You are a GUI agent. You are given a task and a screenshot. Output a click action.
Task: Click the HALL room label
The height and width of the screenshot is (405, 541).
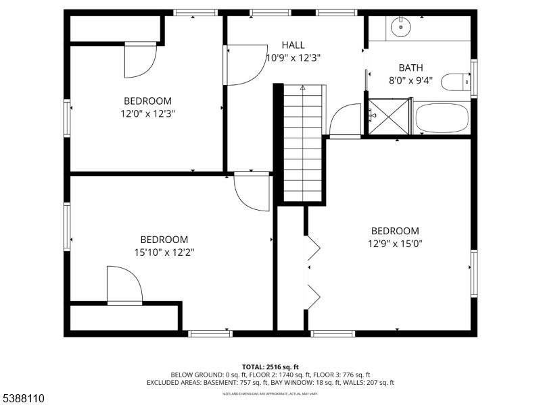tap(292, 45)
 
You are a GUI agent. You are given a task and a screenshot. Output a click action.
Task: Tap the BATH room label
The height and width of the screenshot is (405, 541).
tap(410, 67)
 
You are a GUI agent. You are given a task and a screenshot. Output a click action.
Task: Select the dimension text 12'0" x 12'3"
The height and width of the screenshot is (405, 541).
tap(147, 114)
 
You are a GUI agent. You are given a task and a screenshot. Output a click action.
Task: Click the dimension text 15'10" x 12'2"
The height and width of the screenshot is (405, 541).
tap(164, 252)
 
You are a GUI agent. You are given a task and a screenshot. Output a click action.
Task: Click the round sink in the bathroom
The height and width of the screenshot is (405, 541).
tap(401, 28)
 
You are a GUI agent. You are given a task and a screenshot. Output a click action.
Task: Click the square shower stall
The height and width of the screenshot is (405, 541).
tap(390, 117)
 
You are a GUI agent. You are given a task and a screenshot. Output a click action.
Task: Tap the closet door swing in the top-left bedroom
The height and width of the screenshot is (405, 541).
tap(140, 60)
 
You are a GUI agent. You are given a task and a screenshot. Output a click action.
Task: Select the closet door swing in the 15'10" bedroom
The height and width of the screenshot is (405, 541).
tap(124, 284)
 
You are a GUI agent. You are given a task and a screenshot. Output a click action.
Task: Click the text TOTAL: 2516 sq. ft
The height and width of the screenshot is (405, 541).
tap(270, 367)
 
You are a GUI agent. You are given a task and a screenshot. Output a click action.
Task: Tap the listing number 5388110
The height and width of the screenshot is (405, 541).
tap(24, 399)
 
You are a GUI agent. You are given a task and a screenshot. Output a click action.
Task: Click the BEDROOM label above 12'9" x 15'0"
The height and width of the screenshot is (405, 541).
tap(395, 231)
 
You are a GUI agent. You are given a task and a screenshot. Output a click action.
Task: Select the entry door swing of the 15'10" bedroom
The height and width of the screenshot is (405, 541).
tap(252, 193)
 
